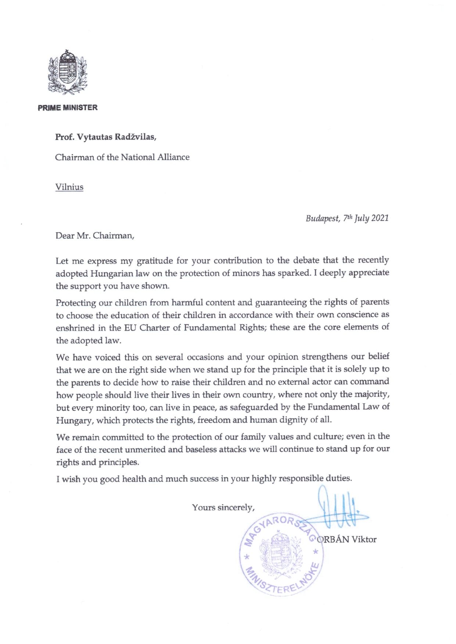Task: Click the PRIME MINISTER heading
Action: [68, 108]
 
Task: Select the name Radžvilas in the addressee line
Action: [136, 137]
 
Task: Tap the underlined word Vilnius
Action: [69, 187]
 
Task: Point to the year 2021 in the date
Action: [380, 218]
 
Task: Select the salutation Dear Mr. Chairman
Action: [95, 236]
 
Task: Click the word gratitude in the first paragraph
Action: [155, 261]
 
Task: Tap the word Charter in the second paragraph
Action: [155, 328]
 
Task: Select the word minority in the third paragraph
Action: [112, 408]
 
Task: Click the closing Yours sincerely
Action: [223, 507]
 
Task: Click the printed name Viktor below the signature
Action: [364, 539]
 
